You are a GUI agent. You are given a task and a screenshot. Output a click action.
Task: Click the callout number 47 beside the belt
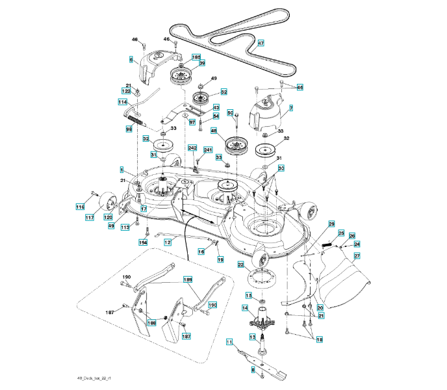pos(261,44)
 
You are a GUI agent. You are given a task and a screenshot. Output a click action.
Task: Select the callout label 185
pos(196,57)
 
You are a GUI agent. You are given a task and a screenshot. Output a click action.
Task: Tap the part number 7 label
pos(290,108)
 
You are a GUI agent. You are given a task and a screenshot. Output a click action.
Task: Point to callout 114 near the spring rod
pos(122,103)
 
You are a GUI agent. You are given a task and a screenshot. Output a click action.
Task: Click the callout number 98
pos(128,129)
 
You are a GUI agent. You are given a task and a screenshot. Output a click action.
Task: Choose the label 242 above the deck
pos(192,148)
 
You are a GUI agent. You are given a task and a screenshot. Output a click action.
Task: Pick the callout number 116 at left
pos(80,207)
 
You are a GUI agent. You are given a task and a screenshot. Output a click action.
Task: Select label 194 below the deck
pos(143,242)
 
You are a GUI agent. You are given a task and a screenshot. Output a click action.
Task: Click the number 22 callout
pos(240,265)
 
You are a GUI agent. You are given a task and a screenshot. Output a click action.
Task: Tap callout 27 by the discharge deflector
pos(357,256)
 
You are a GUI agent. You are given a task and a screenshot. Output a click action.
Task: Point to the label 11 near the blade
pos(229,341)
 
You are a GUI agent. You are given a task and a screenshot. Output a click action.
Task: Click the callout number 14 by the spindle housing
pos(246,307)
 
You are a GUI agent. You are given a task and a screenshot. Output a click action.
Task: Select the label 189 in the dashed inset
pos(188,279)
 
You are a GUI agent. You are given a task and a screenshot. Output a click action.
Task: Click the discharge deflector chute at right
pos(344,286)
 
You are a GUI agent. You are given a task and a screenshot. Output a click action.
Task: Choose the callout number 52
pos(224,92)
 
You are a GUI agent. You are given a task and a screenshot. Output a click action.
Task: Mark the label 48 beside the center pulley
pos(214,131)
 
